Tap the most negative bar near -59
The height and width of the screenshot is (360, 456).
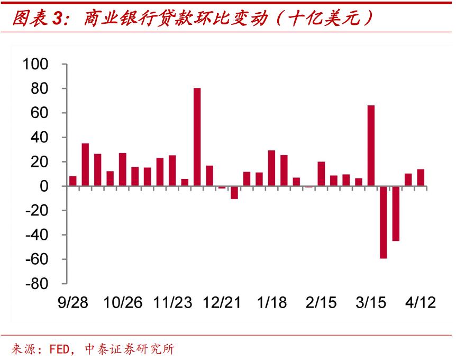(x=383, y=222)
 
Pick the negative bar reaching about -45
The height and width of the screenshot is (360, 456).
(x=395, y=213)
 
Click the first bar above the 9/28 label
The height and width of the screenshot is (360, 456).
(x=73, y=181)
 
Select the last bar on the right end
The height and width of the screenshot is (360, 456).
(x=421, y=178)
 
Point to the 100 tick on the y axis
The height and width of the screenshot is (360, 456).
(x=37, y=65)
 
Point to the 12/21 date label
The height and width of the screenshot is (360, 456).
(x=222, y=303)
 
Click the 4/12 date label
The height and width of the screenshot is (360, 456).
(x=421, y=303)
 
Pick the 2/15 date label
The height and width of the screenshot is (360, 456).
(x=321, y=303)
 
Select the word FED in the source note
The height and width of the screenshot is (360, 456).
(x=59, y=349)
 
